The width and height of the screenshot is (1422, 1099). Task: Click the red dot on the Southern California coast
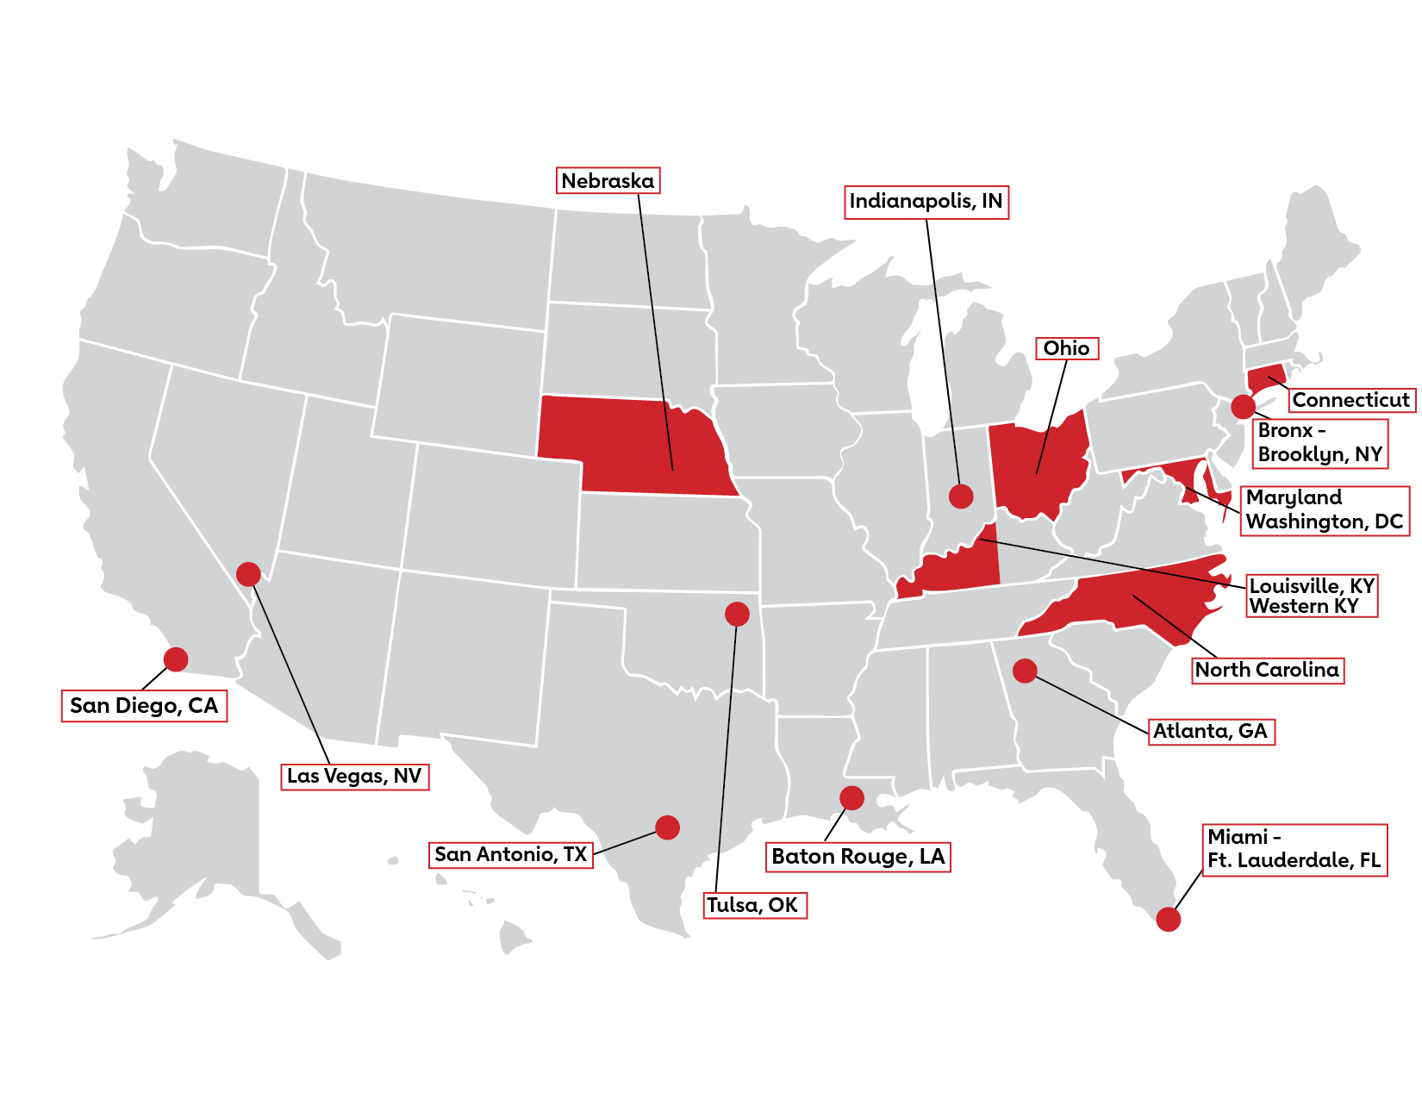tap(176, 659)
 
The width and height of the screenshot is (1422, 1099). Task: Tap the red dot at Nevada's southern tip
tap(248, 573)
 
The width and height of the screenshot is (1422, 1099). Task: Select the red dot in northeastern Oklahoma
tap(737, 614)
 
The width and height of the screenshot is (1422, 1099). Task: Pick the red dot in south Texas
tap(667, 827)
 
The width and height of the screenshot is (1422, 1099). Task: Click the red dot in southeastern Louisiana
tap(851, 797)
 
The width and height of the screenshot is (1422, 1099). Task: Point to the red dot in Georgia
tap(1025, 670)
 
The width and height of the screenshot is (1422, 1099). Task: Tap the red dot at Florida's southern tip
tap(1168, 920)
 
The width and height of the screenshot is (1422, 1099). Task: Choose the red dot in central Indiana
tap(961, 496)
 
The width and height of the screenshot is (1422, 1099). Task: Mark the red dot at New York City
tap(1243, 406)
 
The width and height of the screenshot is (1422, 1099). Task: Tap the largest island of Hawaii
tap(515, 937)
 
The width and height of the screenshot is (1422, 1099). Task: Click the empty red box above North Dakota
tap(608, 180)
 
